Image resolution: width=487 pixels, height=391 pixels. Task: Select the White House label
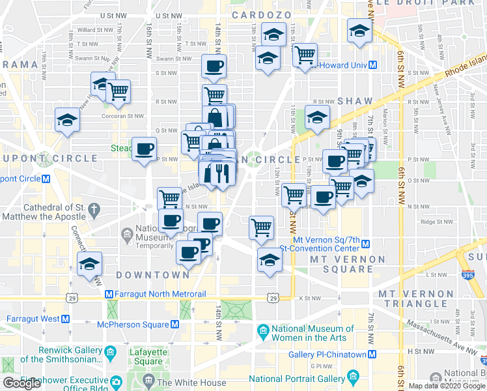coord(191,383)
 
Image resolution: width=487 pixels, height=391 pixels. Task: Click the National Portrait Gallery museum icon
coord(354,378)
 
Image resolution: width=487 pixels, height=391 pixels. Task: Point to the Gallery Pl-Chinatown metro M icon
coord(372,354)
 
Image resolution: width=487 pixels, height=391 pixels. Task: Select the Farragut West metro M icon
coord(65,319)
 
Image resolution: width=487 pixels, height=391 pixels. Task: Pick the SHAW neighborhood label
coord(355,101)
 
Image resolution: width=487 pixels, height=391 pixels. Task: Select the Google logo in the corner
coord(21,383)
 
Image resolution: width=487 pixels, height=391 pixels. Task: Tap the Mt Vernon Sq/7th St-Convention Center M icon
coord(366,244)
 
